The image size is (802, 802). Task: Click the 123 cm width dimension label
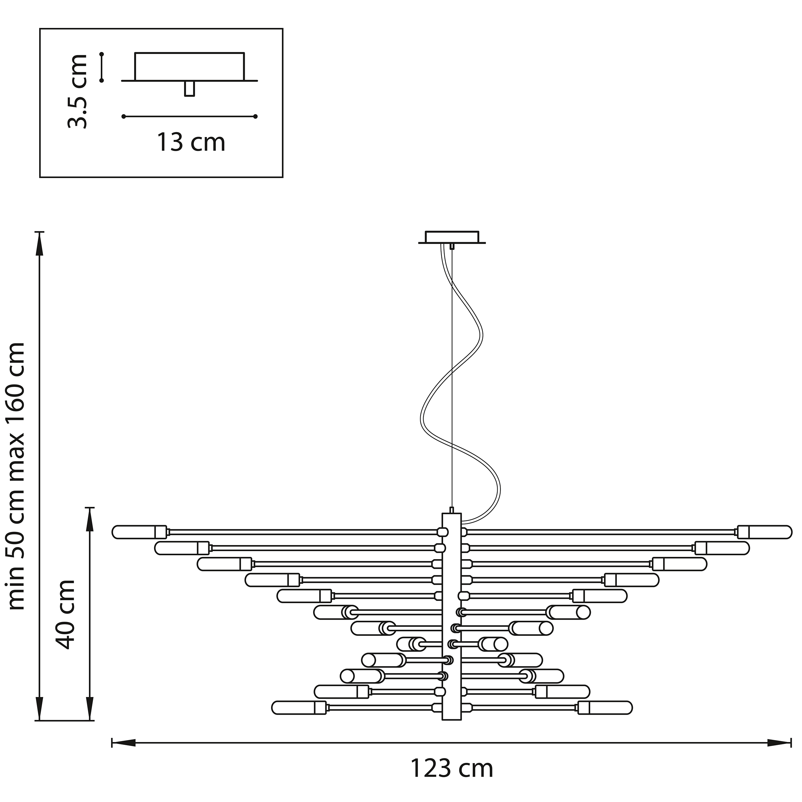click(x=452, y=768)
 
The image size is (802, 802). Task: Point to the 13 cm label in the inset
click(x=191, y=142)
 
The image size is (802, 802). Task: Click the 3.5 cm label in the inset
click(x=78, y=91)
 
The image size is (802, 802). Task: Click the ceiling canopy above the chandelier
click(x=452, y=237)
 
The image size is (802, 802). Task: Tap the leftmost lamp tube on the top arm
click(x=139, y=532)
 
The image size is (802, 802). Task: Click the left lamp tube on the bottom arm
click(x=299, y=708)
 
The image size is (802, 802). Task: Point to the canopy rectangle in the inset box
click(x=189, y=66)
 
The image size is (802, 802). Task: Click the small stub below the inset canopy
click(x=189, y=89)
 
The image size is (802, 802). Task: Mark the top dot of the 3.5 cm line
click(x=102, y=54)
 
